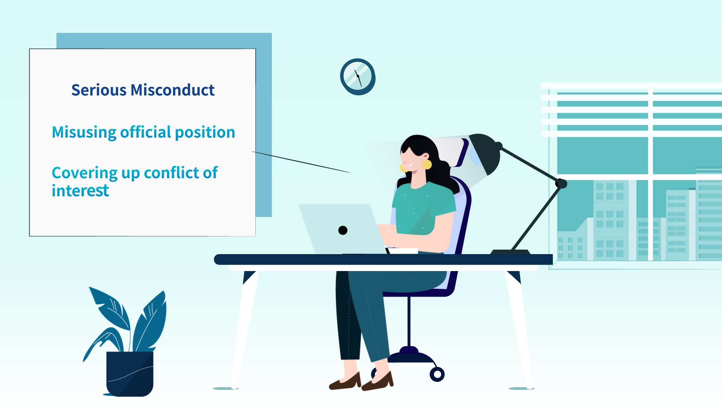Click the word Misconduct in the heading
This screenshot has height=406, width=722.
[x=173, y=90]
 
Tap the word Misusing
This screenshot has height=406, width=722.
[x=84, y=133]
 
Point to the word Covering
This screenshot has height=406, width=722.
[x=85, y=173]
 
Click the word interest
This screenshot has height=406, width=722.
[x=80, y=191]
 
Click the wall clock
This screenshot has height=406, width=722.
[x=358, y=77]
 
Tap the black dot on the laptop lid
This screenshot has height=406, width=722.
[x=343, y=230]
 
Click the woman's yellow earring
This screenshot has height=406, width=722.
[x=427, y=164]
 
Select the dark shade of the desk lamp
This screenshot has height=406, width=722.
[x=485, y=152]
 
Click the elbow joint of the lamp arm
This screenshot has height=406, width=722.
[x=561, y=183]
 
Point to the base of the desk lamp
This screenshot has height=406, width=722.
[x=510, y=252]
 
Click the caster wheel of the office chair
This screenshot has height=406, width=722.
[x=437, y=374]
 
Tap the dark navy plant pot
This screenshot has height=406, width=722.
[x=130, y=374]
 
